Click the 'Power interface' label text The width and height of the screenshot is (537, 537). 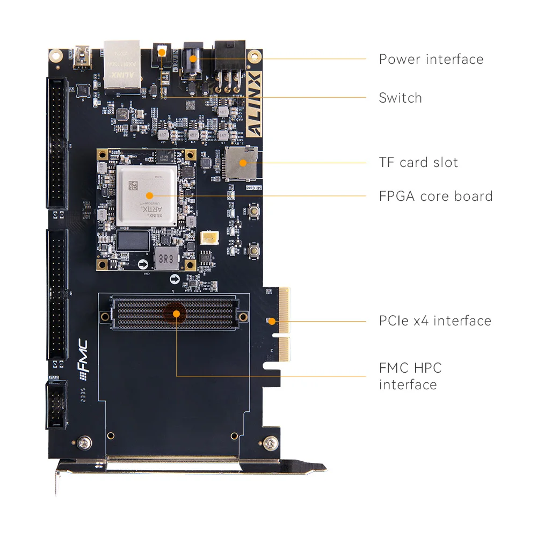431,59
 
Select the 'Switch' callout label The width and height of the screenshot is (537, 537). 400,98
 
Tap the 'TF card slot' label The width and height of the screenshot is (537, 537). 418,162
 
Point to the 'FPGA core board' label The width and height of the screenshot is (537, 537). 436,196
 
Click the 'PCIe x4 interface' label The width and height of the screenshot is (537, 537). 435,321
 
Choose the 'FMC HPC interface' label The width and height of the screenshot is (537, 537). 410,376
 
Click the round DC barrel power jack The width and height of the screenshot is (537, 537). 194,60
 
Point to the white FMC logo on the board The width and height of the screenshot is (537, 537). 83,357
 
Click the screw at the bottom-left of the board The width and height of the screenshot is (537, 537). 83,442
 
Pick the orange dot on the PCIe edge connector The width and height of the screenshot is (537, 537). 272,321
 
